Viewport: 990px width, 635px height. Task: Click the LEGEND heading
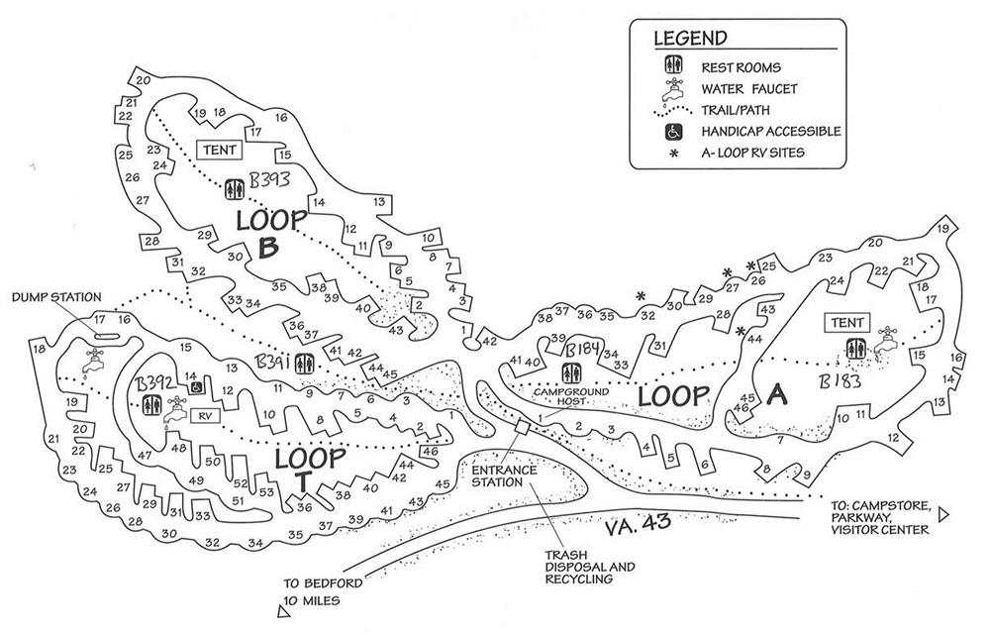[x=690, y=40]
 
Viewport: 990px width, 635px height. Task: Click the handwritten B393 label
[x=268, y=181]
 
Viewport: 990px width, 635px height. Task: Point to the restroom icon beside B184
[x=572, y=372]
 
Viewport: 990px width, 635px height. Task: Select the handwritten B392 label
[x=155, y=382]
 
